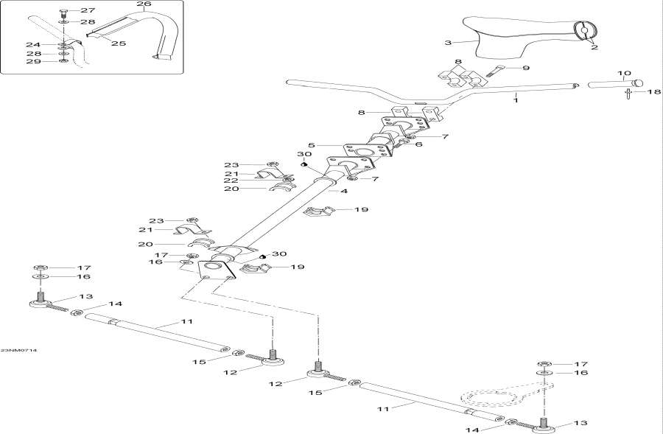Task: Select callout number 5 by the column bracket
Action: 312,146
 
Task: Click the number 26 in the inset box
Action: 144,4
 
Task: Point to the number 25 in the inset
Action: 118,43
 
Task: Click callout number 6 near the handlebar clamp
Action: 419,144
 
